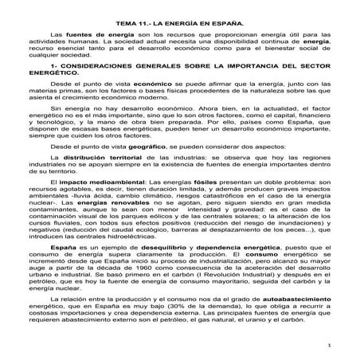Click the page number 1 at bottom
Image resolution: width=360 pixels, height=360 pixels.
pos(328,345)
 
